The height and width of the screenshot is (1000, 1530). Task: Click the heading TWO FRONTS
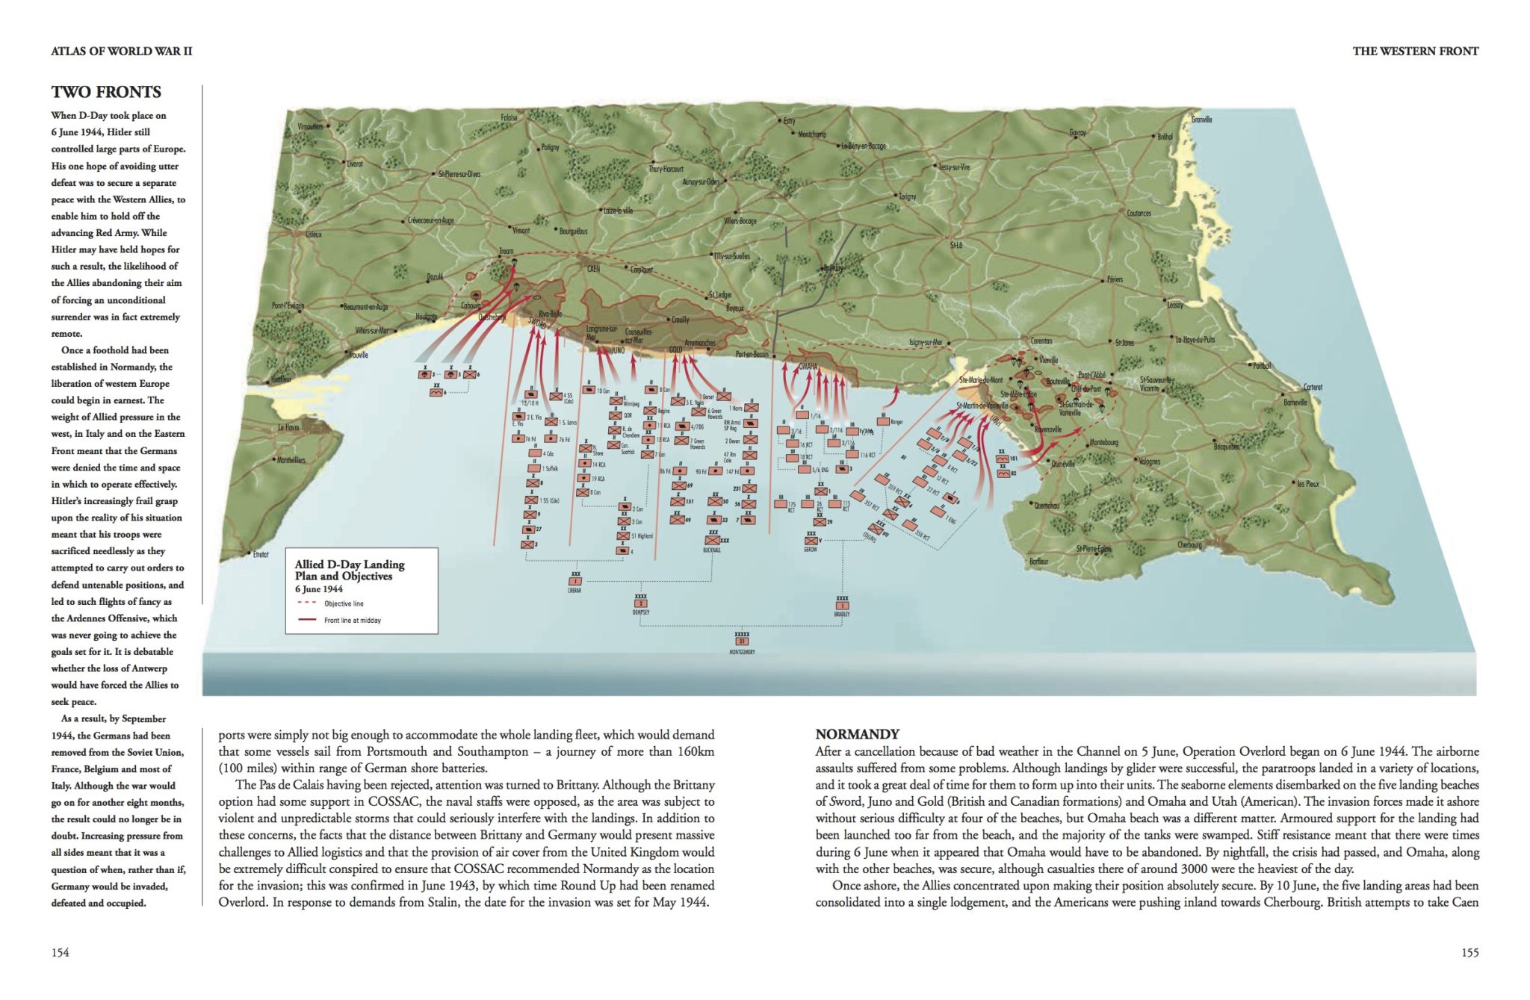coord(106,92)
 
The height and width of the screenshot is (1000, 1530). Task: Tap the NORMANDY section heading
coord(857,733)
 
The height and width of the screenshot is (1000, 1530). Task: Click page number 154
coord(60,952)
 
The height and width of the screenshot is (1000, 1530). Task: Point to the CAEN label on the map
coord(593,269)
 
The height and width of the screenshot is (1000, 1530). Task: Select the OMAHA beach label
coord(808,367)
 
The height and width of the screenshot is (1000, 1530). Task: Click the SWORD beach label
coord(536,323)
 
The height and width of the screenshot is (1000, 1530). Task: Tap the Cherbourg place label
coord(1189,544)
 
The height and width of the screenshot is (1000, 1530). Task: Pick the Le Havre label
coord(288,428)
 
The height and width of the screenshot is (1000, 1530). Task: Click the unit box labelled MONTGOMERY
coord(742,641)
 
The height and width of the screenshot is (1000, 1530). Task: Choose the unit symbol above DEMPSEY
coord(640,603)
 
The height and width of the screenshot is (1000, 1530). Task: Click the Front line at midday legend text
coord(352,620)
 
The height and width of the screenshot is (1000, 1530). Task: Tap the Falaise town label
coord(509,118)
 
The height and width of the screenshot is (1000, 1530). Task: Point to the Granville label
coord(1201,119)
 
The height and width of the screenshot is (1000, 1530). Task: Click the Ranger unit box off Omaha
coord(883,422)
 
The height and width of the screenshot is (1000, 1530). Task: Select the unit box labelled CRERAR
coord(574,581)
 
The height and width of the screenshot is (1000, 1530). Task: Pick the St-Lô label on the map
coord(956,245)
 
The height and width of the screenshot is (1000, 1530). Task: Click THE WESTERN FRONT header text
coord(1415,51)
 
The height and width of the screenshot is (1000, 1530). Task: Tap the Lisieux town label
coord(313,234)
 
